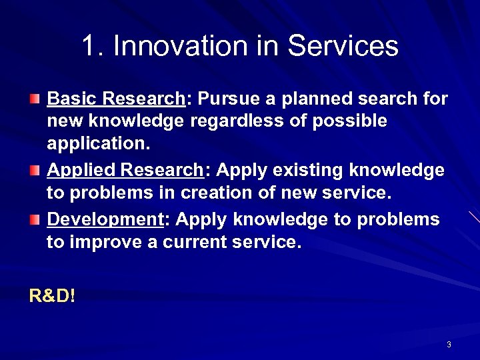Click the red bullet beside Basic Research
(35, 99)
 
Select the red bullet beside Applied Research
(35, 171)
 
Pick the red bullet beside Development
(35, 219)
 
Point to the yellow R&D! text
(53, 295)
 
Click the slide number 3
(449, 345)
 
